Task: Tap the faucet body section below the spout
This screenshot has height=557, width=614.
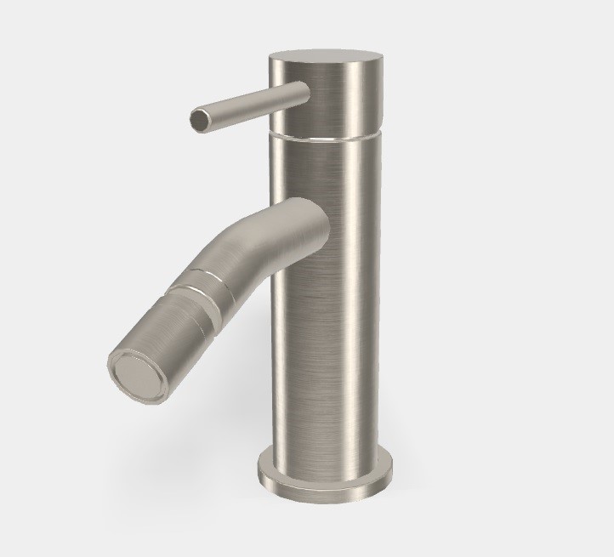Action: pos(327,357)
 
